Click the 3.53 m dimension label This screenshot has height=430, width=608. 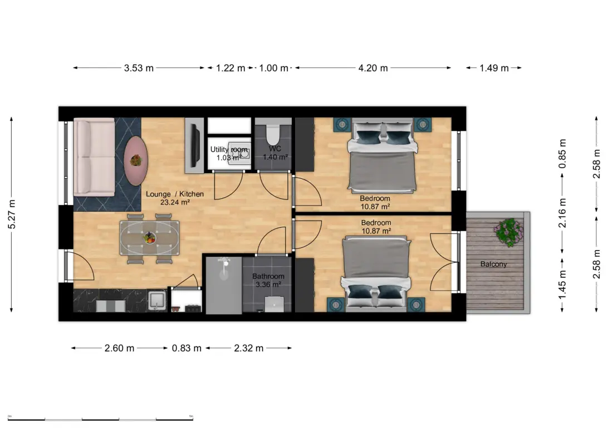139,68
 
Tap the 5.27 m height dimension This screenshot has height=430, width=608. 12,214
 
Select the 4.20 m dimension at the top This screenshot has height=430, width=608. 372,68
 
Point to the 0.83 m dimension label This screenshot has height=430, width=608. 187,348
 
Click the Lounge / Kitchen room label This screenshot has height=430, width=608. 174,194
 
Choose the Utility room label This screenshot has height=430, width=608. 228,150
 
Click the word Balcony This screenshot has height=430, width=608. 493,264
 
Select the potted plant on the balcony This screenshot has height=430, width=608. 508,232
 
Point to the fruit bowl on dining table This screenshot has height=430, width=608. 149,238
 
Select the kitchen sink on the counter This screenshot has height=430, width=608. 157,300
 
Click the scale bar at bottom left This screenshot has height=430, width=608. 100,418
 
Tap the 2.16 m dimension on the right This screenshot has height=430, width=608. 562,213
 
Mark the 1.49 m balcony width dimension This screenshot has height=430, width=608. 494,68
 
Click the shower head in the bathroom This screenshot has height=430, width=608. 224,262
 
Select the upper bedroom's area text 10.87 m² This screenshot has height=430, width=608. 375,206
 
